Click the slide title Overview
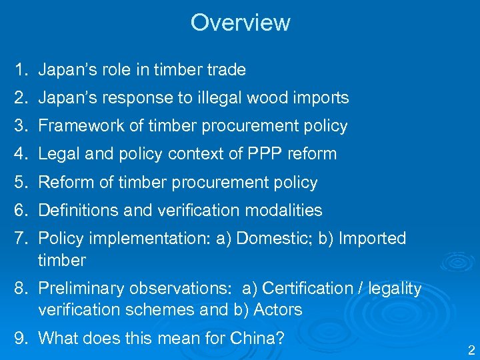(x=240, y=23)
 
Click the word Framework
(x=76, y=126)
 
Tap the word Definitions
(x=77, y=211)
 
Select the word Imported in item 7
(x=373, y=239)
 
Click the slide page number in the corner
(x=471, y=350)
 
